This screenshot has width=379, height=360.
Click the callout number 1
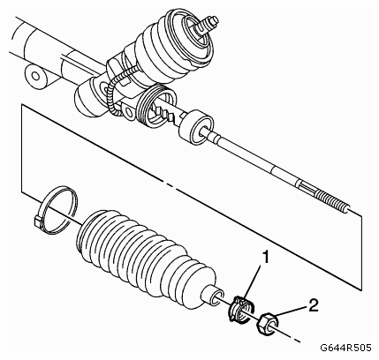pyautogui.click(x=266, y=258)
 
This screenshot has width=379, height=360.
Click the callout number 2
pyautogui.click(x=314, y=305)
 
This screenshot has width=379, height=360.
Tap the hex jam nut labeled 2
pyautogui.click(x=268, y=325)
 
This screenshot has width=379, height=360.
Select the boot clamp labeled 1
pyautogui.click(x=241, y=309)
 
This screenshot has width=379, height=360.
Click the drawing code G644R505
pyautogui.click(x=345, y=348)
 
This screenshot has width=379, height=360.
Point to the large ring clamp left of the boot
pyautogui.click(x=56, y=210)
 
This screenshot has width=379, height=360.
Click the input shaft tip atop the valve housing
pyautogui.click(x=209, y=23)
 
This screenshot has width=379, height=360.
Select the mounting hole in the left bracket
pyautogui.click(x=35, y=76)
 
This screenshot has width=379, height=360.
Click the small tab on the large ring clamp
pyautogui.click(x=37, y=221)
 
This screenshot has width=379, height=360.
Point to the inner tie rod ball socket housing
pyautogui.click(x=195, y=127)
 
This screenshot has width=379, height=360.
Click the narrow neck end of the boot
pyautogui.click(x=213, y=296)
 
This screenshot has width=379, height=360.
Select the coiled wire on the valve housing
pyautogui.click(x=117, y=88)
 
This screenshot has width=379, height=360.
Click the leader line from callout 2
pyautogui.click(x=291, y=311)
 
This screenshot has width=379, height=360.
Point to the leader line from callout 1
pyautogui.click(x=254, y=281)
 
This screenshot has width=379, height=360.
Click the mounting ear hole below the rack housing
pyautogui.click(x=128, y=112)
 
